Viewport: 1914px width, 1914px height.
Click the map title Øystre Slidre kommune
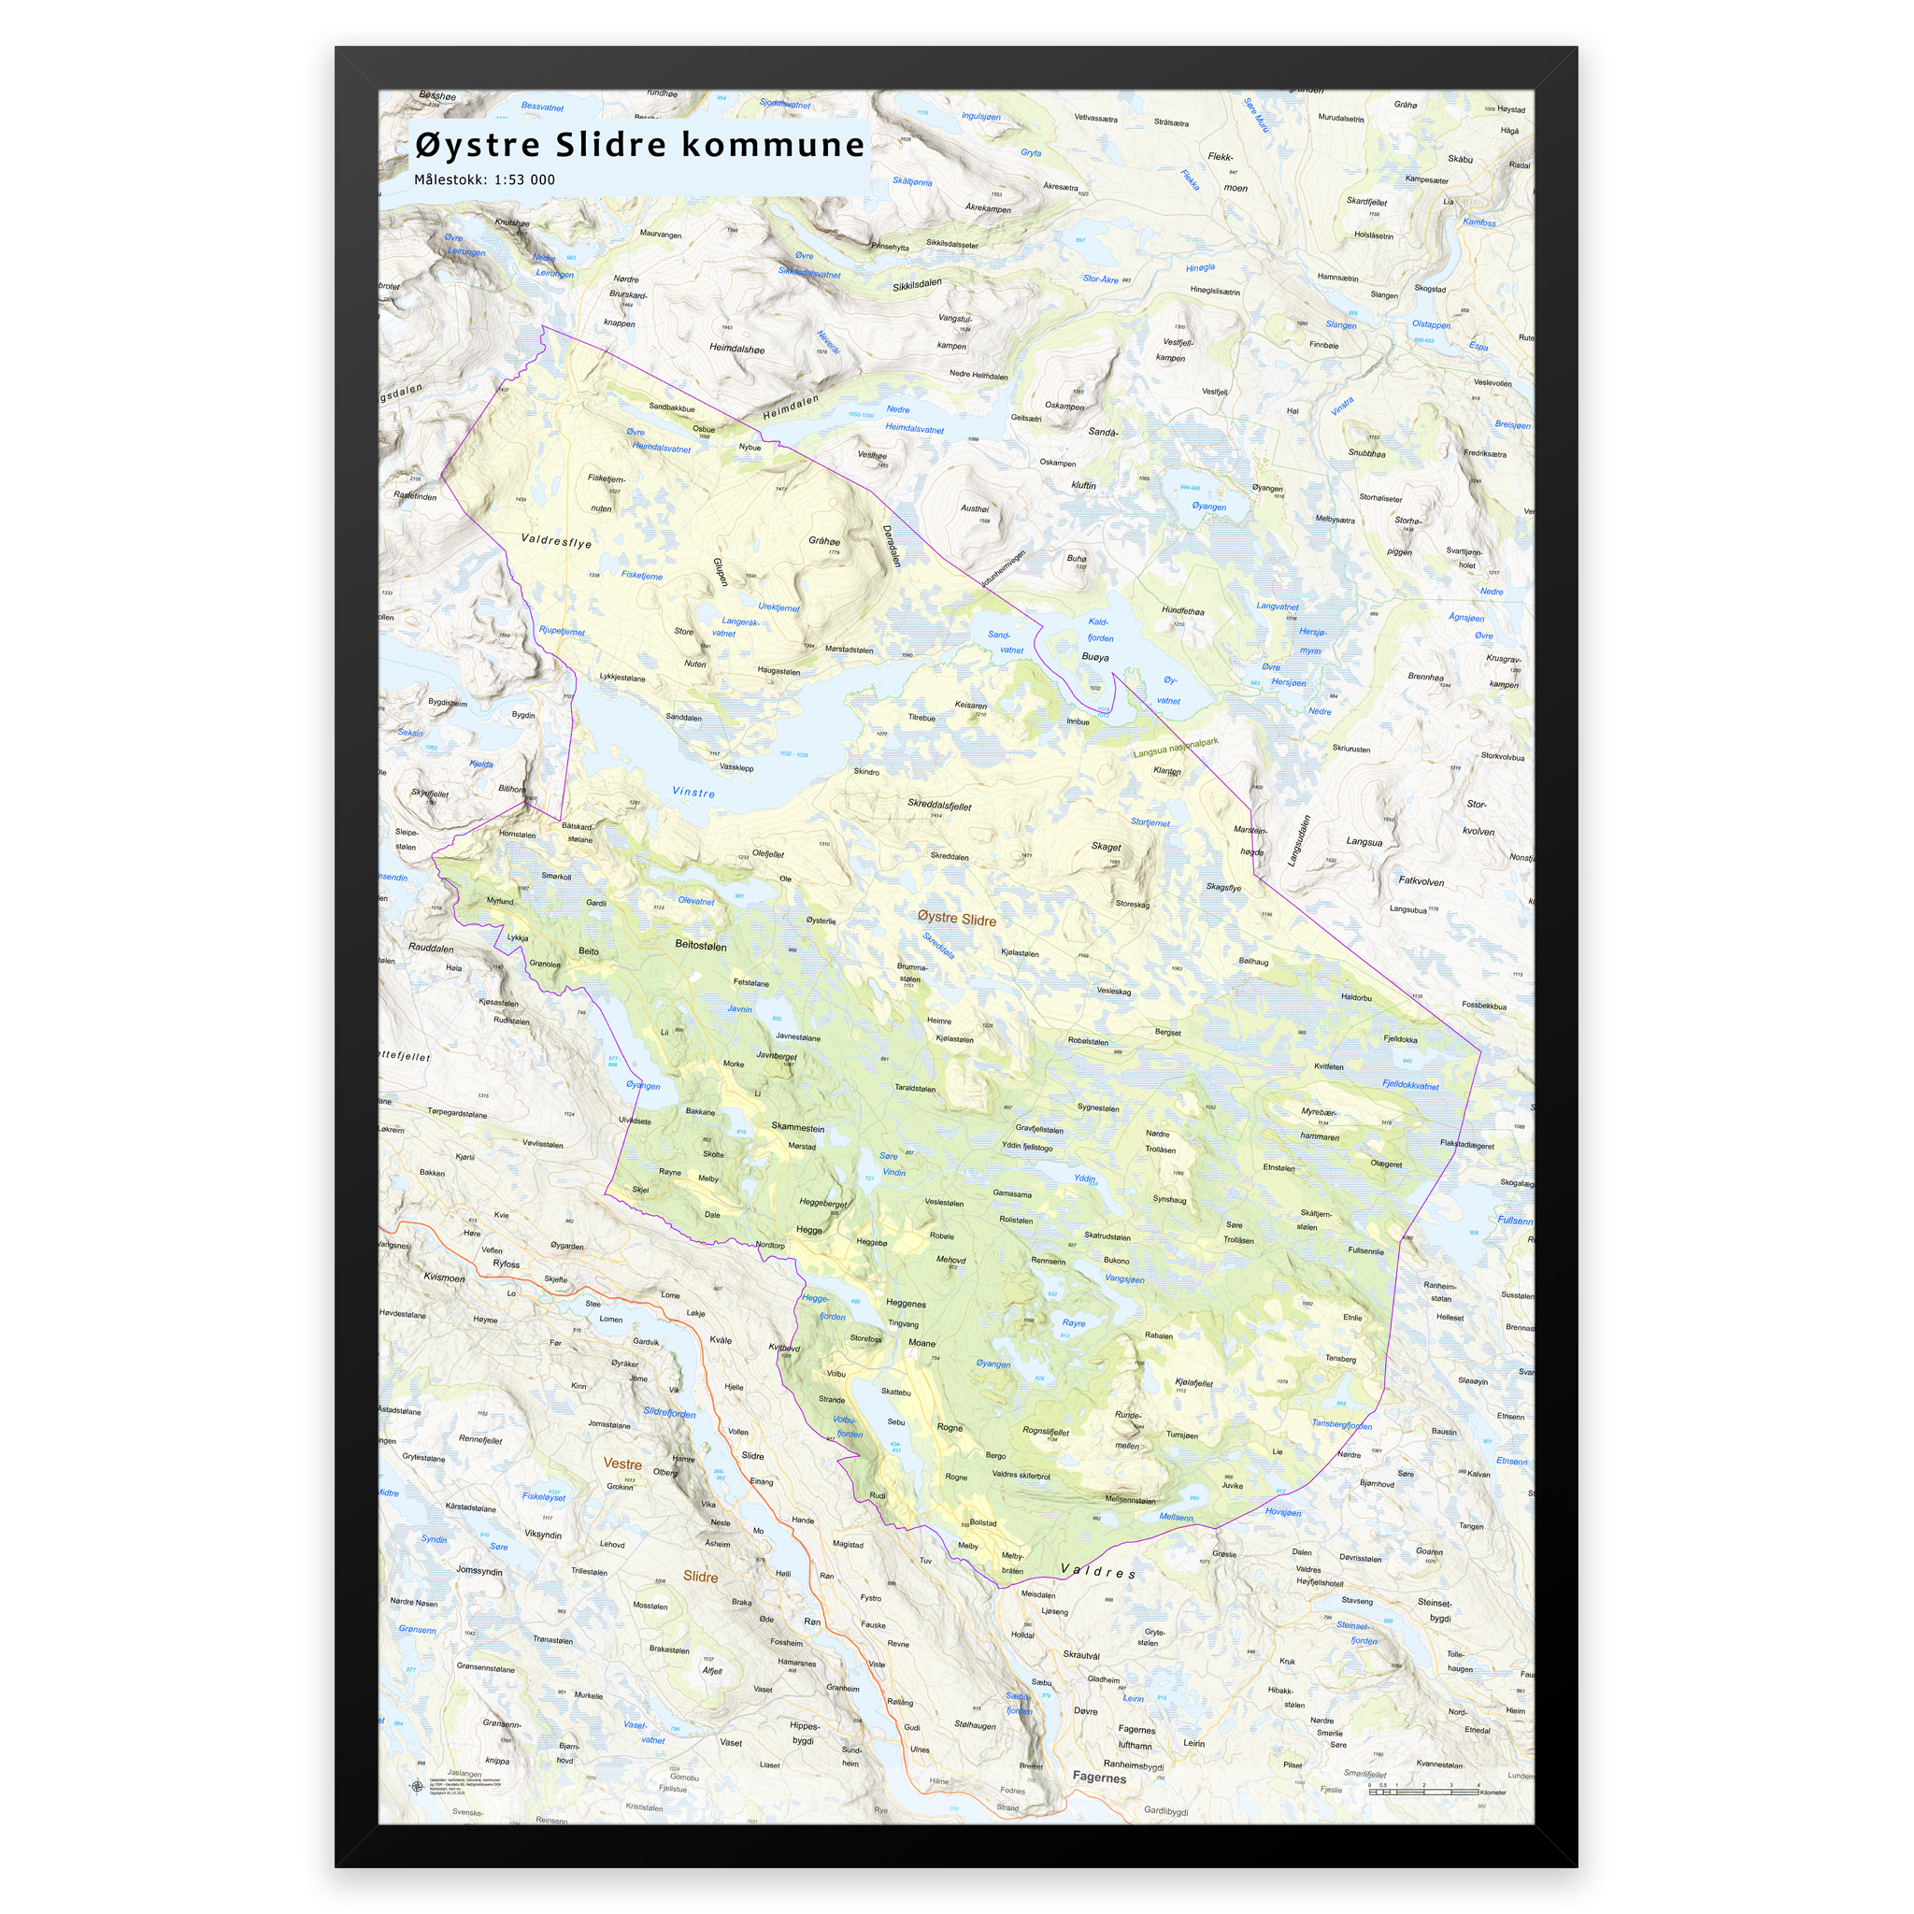pos(639,145)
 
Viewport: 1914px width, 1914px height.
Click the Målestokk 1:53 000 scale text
pos(484,180)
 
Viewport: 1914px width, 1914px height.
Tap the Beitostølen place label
pos(700,945)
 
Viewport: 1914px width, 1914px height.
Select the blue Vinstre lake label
pos(693,792)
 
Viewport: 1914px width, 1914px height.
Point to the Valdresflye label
pos(556,542)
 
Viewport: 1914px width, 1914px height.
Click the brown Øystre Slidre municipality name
pos(956,919)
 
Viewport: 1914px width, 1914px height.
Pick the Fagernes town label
pos(1099,1778)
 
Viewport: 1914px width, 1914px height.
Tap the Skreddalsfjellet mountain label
pos(939,805)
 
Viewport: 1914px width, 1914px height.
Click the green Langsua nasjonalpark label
pos(1175,747)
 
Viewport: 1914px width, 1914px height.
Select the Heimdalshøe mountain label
pos(736,349)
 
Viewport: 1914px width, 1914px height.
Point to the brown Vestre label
pos(622,1464)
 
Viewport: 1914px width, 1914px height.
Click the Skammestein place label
pos(797,1127)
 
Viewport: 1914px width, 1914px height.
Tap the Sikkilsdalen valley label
pos(917,284)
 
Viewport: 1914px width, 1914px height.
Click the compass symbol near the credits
pos(416,1786)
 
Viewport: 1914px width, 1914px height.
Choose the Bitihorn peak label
pos(512,789)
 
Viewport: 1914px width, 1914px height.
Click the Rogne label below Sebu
pos(950,1428)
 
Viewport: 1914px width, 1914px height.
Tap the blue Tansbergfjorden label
pos(1341,1424)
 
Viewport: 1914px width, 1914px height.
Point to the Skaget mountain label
pos(1106,846)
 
